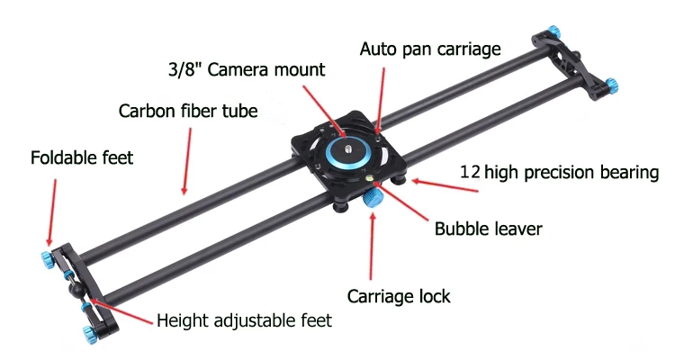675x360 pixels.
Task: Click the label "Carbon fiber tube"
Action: tap(188, 112)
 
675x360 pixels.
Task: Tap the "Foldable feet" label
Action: tap(82, 157)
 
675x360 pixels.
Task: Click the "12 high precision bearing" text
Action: tap(559, 171)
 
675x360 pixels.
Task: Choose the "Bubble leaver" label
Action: tap(488, 229)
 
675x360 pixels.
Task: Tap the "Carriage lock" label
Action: tap(399, 295)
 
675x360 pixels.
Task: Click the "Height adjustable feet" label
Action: tap(244, 319)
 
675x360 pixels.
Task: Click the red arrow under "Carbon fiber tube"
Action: tap(187, 161)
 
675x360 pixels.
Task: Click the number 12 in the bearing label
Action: tap(469, 171)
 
